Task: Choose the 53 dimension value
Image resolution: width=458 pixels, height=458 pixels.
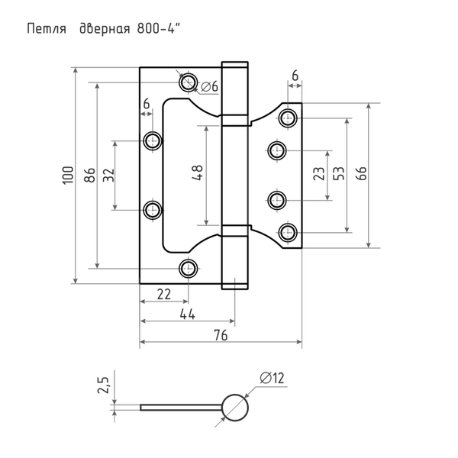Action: pyautogui.click(x=339, y=173)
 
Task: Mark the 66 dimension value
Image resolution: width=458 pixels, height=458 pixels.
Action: pyautogui.click(x=361, y=173)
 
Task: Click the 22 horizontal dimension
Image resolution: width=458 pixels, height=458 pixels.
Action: pyautogui.click(x=163, y=294)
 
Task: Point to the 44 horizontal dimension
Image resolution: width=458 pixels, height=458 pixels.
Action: pyautogui.click(x=185, y=314)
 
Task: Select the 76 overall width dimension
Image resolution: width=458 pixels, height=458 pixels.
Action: pyautogui.click(x=218, y=334)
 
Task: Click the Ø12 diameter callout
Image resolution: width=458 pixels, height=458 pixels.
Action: pyautogui.click(x=272, y=376)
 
